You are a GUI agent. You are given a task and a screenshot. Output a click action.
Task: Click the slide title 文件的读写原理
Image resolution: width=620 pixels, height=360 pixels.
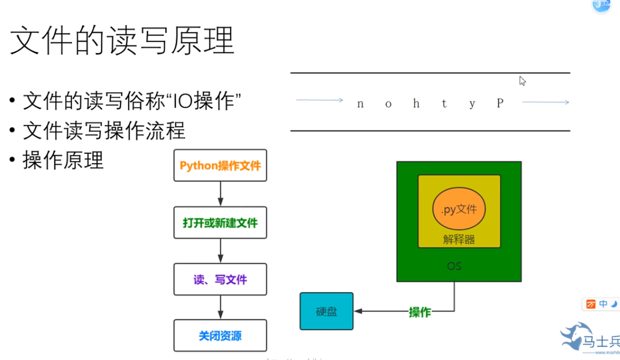(x=122, y=40)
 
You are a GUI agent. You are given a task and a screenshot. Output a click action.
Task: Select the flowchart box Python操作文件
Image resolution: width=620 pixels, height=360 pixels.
(x=220, y=166)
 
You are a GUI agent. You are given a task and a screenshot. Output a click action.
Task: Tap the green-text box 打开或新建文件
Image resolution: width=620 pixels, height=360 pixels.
(x=220, y=223)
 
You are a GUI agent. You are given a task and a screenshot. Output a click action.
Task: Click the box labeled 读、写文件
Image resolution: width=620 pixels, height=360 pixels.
(x=220, y=279)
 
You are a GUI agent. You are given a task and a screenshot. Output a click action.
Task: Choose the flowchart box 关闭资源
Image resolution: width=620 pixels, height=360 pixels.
(x=220, y=336)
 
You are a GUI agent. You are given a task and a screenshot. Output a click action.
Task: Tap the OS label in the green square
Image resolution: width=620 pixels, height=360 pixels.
(x=454, y=266)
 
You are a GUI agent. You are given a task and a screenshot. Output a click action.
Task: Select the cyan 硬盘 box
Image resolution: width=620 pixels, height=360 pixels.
(x=326, y=312)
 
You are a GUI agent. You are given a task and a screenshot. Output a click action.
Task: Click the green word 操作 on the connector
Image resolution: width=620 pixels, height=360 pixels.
(x=419, y=312)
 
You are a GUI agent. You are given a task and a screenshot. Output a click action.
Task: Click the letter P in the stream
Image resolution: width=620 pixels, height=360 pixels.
(x=500, y=103)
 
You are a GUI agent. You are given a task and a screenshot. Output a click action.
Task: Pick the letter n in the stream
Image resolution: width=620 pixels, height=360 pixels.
(x=360, y=104)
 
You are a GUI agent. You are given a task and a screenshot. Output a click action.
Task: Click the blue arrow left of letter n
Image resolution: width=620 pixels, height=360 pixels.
(x=319, y=100)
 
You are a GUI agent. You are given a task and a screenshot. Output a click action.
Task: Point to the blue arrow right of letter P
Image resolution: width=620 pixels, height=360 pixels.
(x=545, y=102)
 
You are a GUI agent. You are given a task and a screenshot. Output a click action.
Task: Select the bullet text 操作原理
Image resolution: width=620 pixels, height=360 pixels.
(x=63, y=160)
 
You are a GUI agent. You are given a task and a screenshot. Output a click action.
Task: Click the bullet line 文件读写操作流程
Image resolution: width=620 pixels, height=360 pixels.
(x=104, y=131)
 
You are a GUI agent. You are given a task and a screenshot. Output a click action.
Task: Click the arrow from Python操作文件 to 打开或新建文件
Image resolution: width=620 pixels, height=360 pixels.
(x=220, y=193)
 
